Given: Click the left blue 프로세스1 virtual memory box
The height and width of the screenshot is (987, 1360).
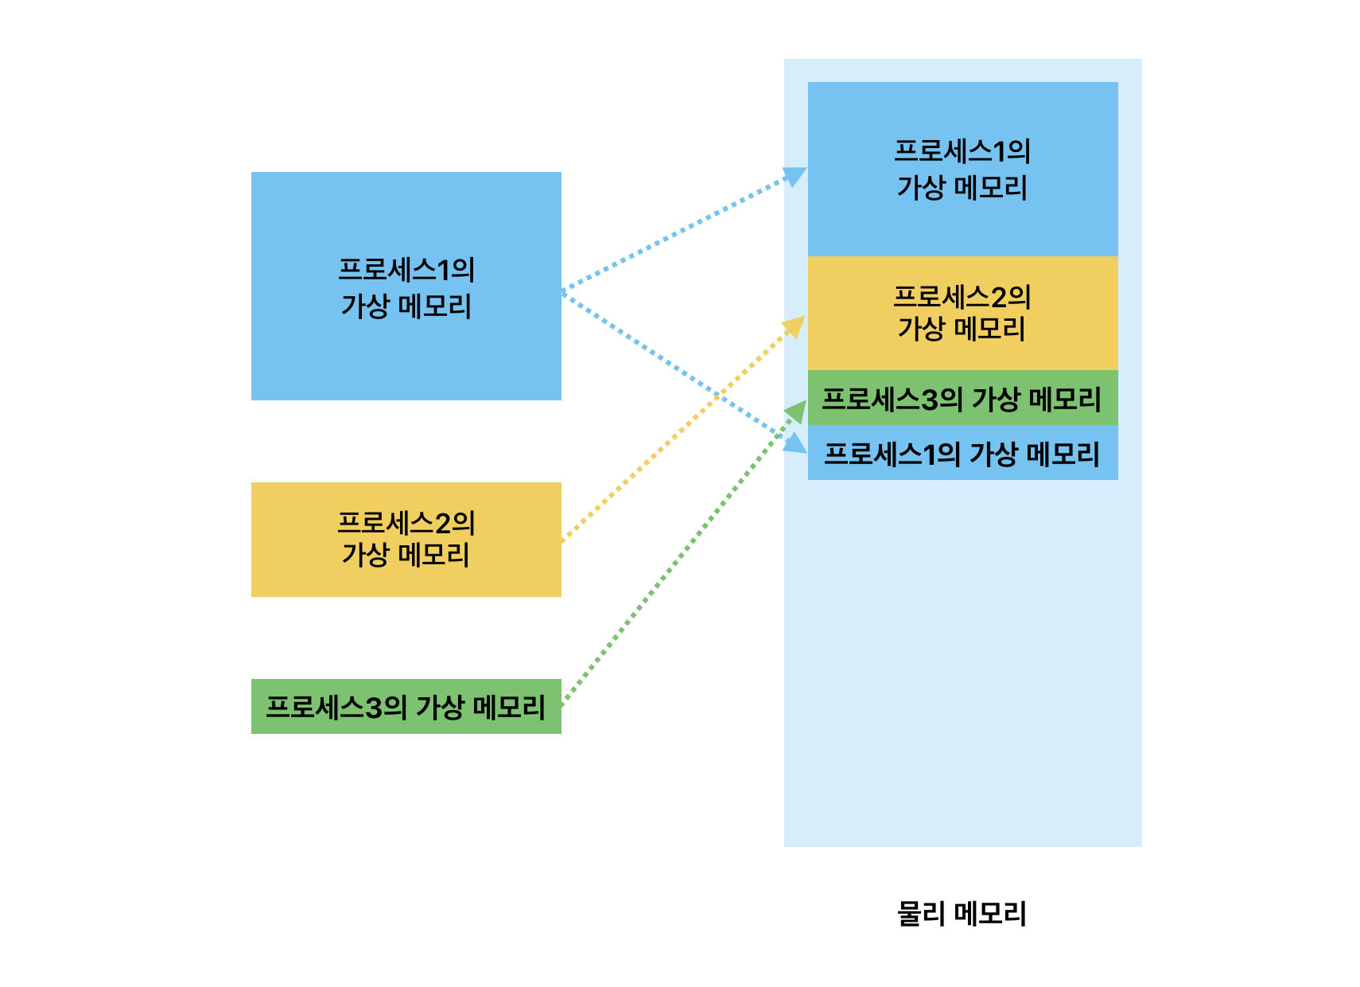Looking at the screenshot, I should (406, 350).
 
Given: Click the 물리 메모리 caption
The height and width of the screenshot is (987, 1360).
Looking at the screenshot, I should (962, 913).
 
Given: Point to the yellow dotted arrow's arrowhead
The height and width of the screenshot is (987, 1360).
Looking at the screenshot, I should (795, 325).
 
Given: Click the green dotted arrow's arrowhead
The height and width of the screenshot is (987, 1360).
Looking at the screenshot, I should (797, 410).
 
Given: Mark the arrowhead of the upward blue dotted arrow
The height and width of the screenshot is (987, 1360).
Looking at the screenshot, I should (795, 174).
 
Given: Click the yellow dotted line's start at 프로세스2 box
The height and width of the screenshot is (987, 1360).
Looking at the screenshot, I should (563, 540).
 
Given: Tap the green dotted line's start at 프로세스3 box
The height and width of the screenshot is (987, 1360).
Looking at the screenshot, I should (563, 704).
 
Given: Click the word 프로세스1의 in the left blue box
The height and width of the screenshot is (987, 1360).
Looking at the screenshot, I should (406, 270).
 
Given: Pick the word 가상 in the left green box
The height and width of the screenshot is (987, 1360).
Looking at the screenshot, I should (440, 707).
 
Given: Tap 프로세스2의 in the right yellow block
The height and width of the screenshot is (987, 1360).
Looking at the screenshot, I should (962, 297).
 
